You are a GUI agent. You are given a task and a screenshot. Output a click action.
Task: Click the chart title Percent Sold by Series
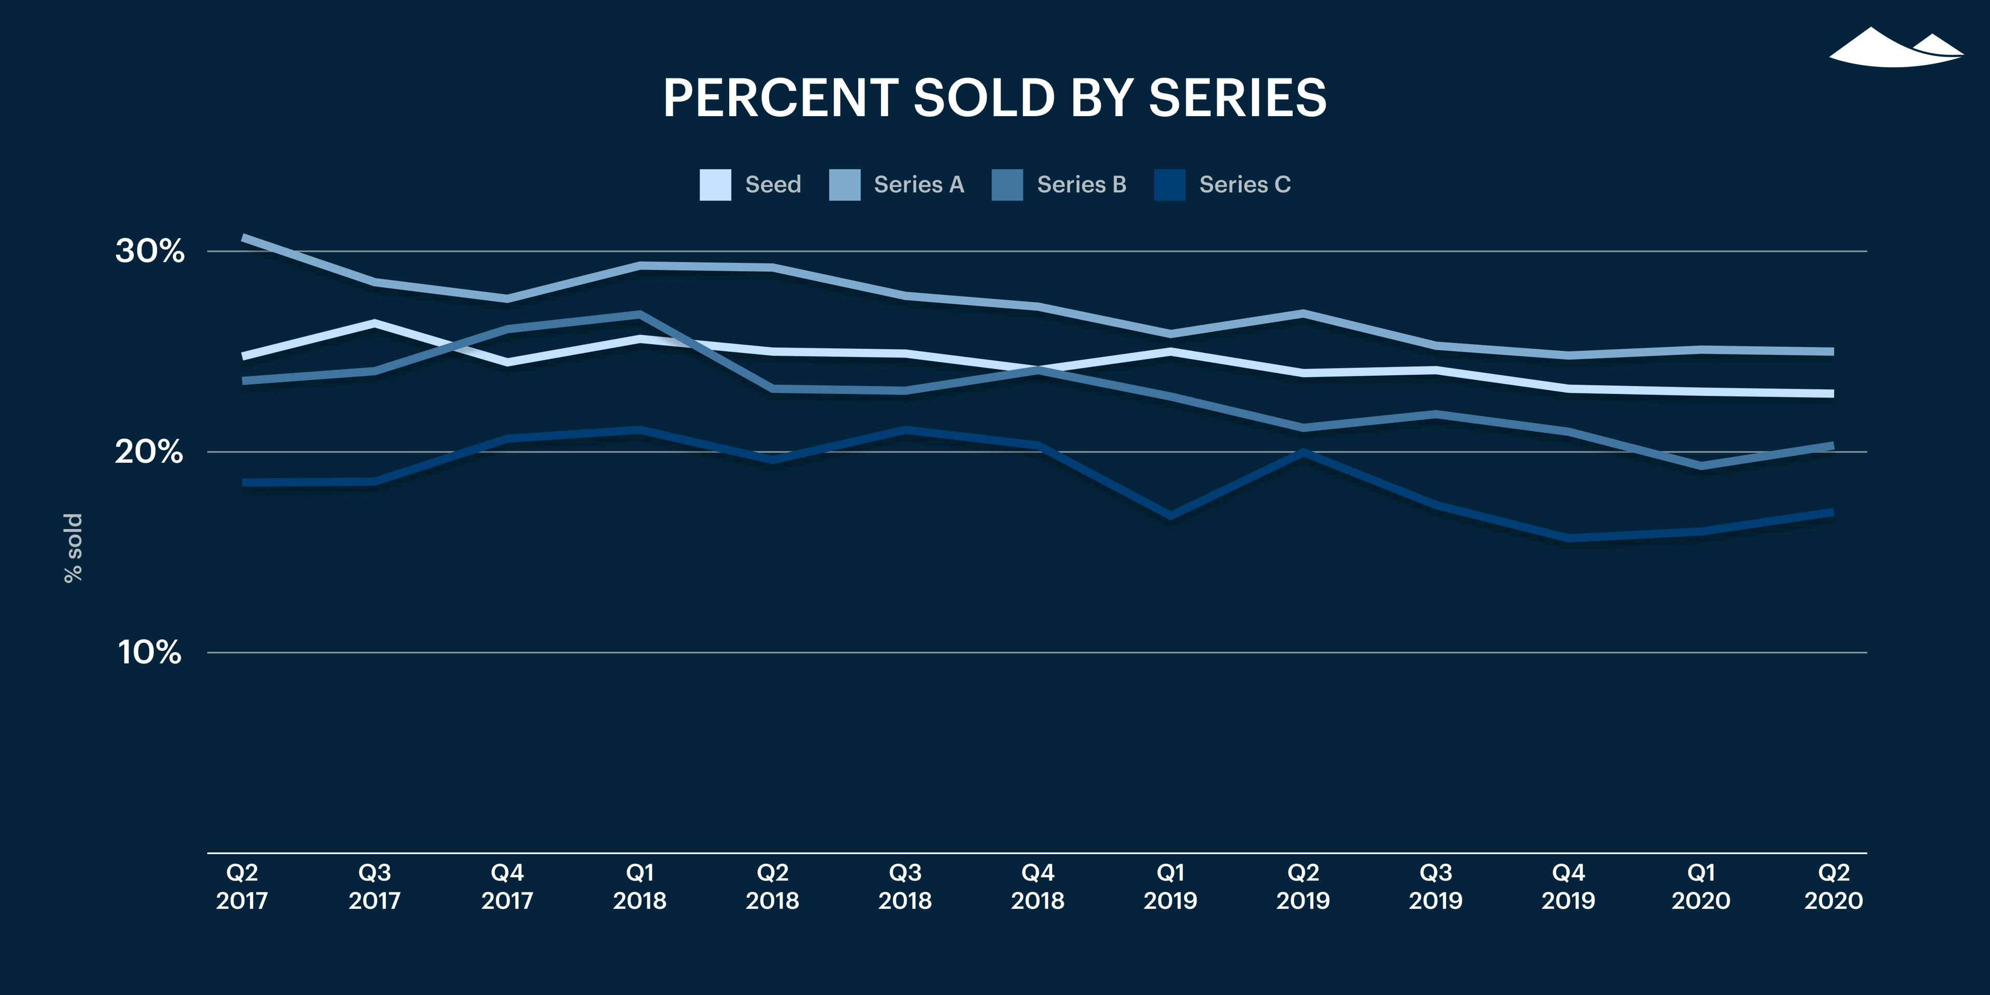[x=994, y=98]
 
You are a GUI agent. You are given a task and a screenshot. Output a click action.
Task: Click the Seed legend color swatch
[x=715, y=184]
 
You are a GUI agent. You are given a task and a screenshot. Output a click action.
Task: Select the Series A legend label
[x=918, y=184]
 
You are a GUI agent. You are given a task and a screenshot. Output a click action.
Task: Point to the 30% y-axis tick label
[x=150, y=251]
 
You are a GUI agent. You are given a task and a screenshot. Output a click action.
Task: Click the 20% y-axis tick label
[x=150, y=452]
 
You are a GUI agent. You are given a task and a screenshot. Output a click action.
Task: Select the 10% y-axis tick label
[x=150, y=653]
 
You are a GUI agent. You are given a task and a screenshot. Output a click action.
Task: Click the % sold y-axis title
[x=73, y=547]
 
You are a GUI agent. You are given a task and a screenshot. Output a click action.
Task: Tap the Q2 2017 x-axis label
[x=242, y=886]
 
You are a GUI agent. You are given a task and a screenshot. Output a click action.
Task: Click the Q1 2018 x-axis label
[x=639, y=886]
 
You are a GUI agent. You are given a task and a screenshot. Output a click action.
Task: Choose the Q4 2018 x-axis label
[x=1037, y=886]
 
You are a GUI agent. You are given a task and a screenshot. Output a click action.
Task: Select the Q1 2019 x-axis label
[x=1170, y=886]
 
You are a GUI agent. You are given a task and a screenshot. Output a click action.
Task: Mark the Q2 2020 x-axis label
[x=1833, y=886]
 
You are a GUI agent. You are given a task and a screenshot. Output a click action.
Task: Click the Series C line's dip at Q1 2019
[x=1170, y=515]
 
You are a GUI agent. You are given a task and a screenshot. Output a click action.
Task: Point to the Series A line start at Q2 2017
[x=244, y=238]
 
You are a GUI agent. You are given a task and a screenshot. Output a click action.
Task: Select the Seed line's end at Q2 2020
[x=1831, y=393]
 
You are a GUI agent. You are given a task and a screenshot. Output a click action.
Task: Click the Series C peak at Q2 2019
[x=1303, y=453]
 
